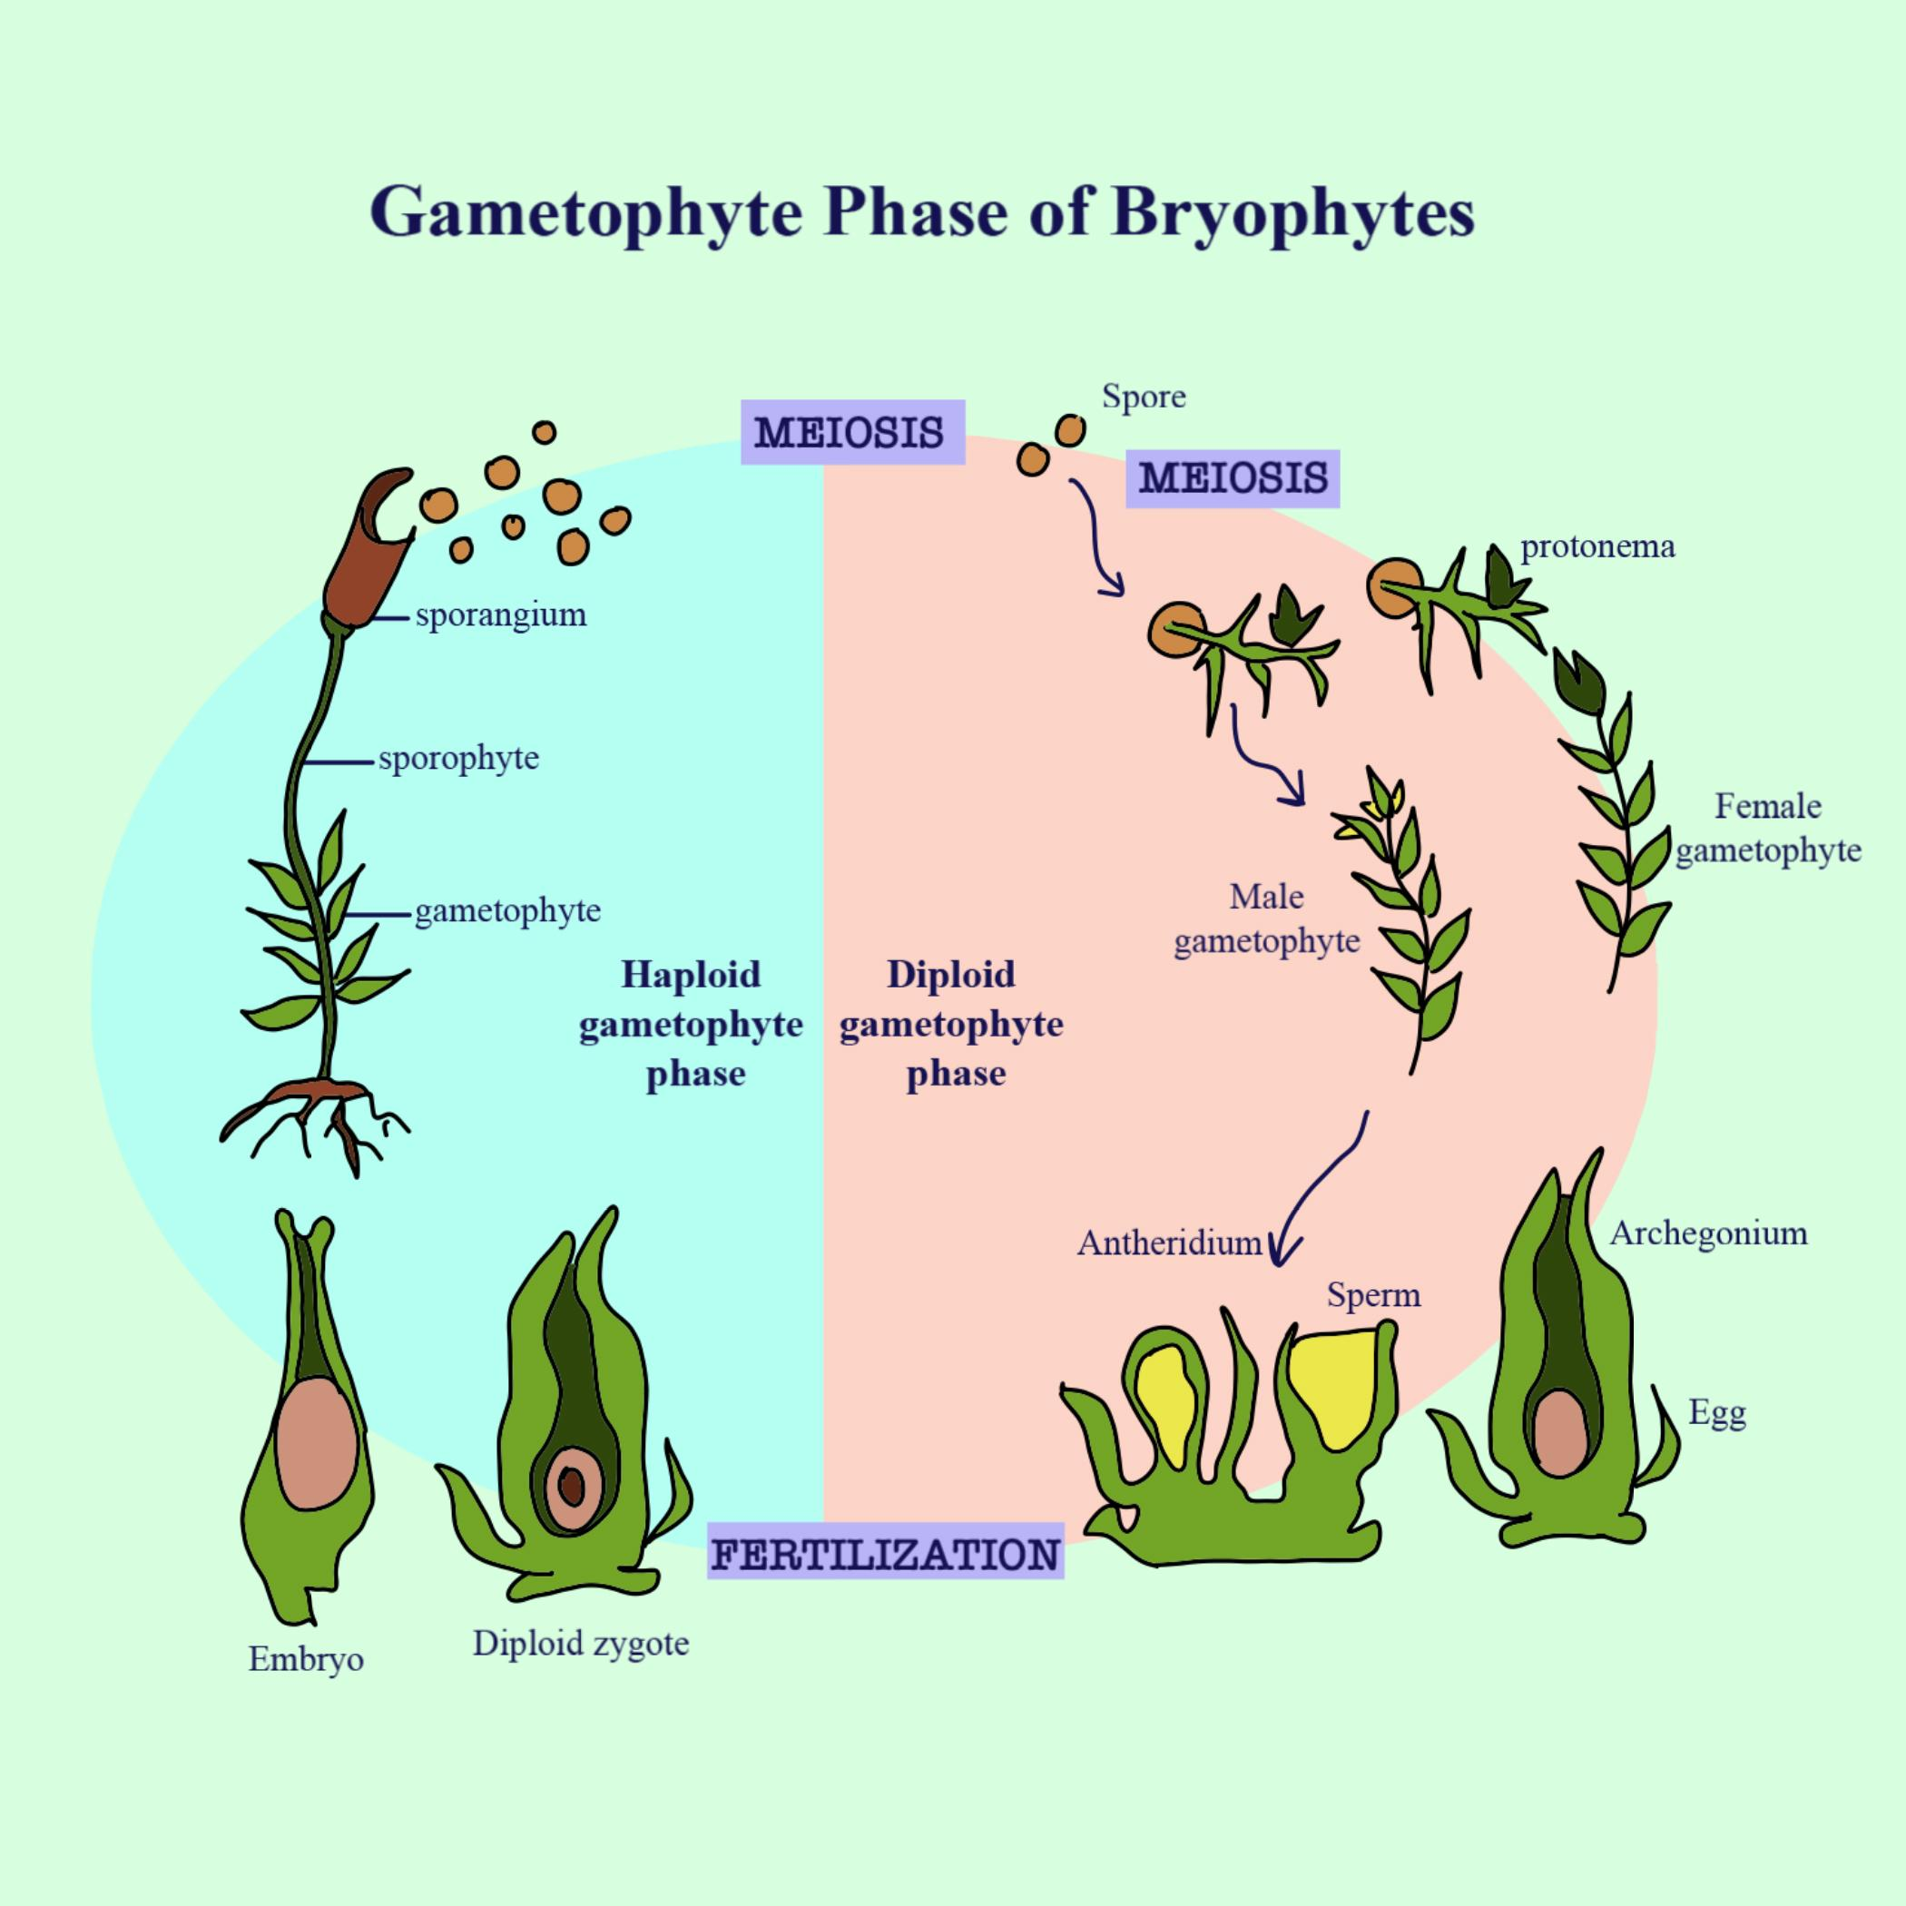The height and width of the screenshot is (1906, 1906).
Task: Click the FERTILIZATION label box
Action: (x=885, y=1556)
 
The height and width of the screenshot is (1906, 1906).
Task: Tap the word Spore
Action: (x=1144, y=398)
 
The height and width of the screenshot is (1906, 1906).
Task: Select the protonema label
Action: (x=1597, y=546)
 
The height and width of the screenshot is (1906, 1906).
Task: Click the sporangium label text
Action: (x=500, y=615)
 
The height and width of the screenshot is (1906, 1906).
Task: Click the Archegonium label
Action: (x=1709, y=1233)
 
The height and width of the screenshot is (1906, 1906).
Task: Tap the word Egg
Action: (x=1716, y=1413)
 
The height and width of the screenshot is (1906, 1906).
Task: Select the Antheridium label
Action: (x=1169, y=1243)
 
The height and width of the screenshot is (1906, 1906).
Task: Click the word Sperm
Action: (x=1373, y=1295)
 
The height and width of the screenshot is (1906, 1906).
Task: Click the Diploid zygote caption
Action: (x=580, y=1644)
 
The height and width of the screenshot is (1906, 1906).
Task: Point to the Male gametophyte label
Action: (x=1267, y=919)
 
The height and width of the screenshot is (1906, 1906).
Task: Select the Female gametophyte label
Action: (x=1768, y=828)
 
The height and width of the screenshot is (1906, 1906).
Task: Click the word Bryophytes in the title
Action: (x=1292, y=211)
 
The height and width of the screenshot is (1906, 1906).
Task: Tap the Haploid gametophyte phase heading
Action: (x=692, y=1024)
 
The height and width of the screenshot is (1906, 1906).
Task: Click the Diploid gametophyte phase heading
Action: (x=951, y=1024)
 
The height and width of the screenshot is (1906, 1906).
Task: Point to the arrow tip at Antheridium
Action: (x=1278, y=1262)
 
